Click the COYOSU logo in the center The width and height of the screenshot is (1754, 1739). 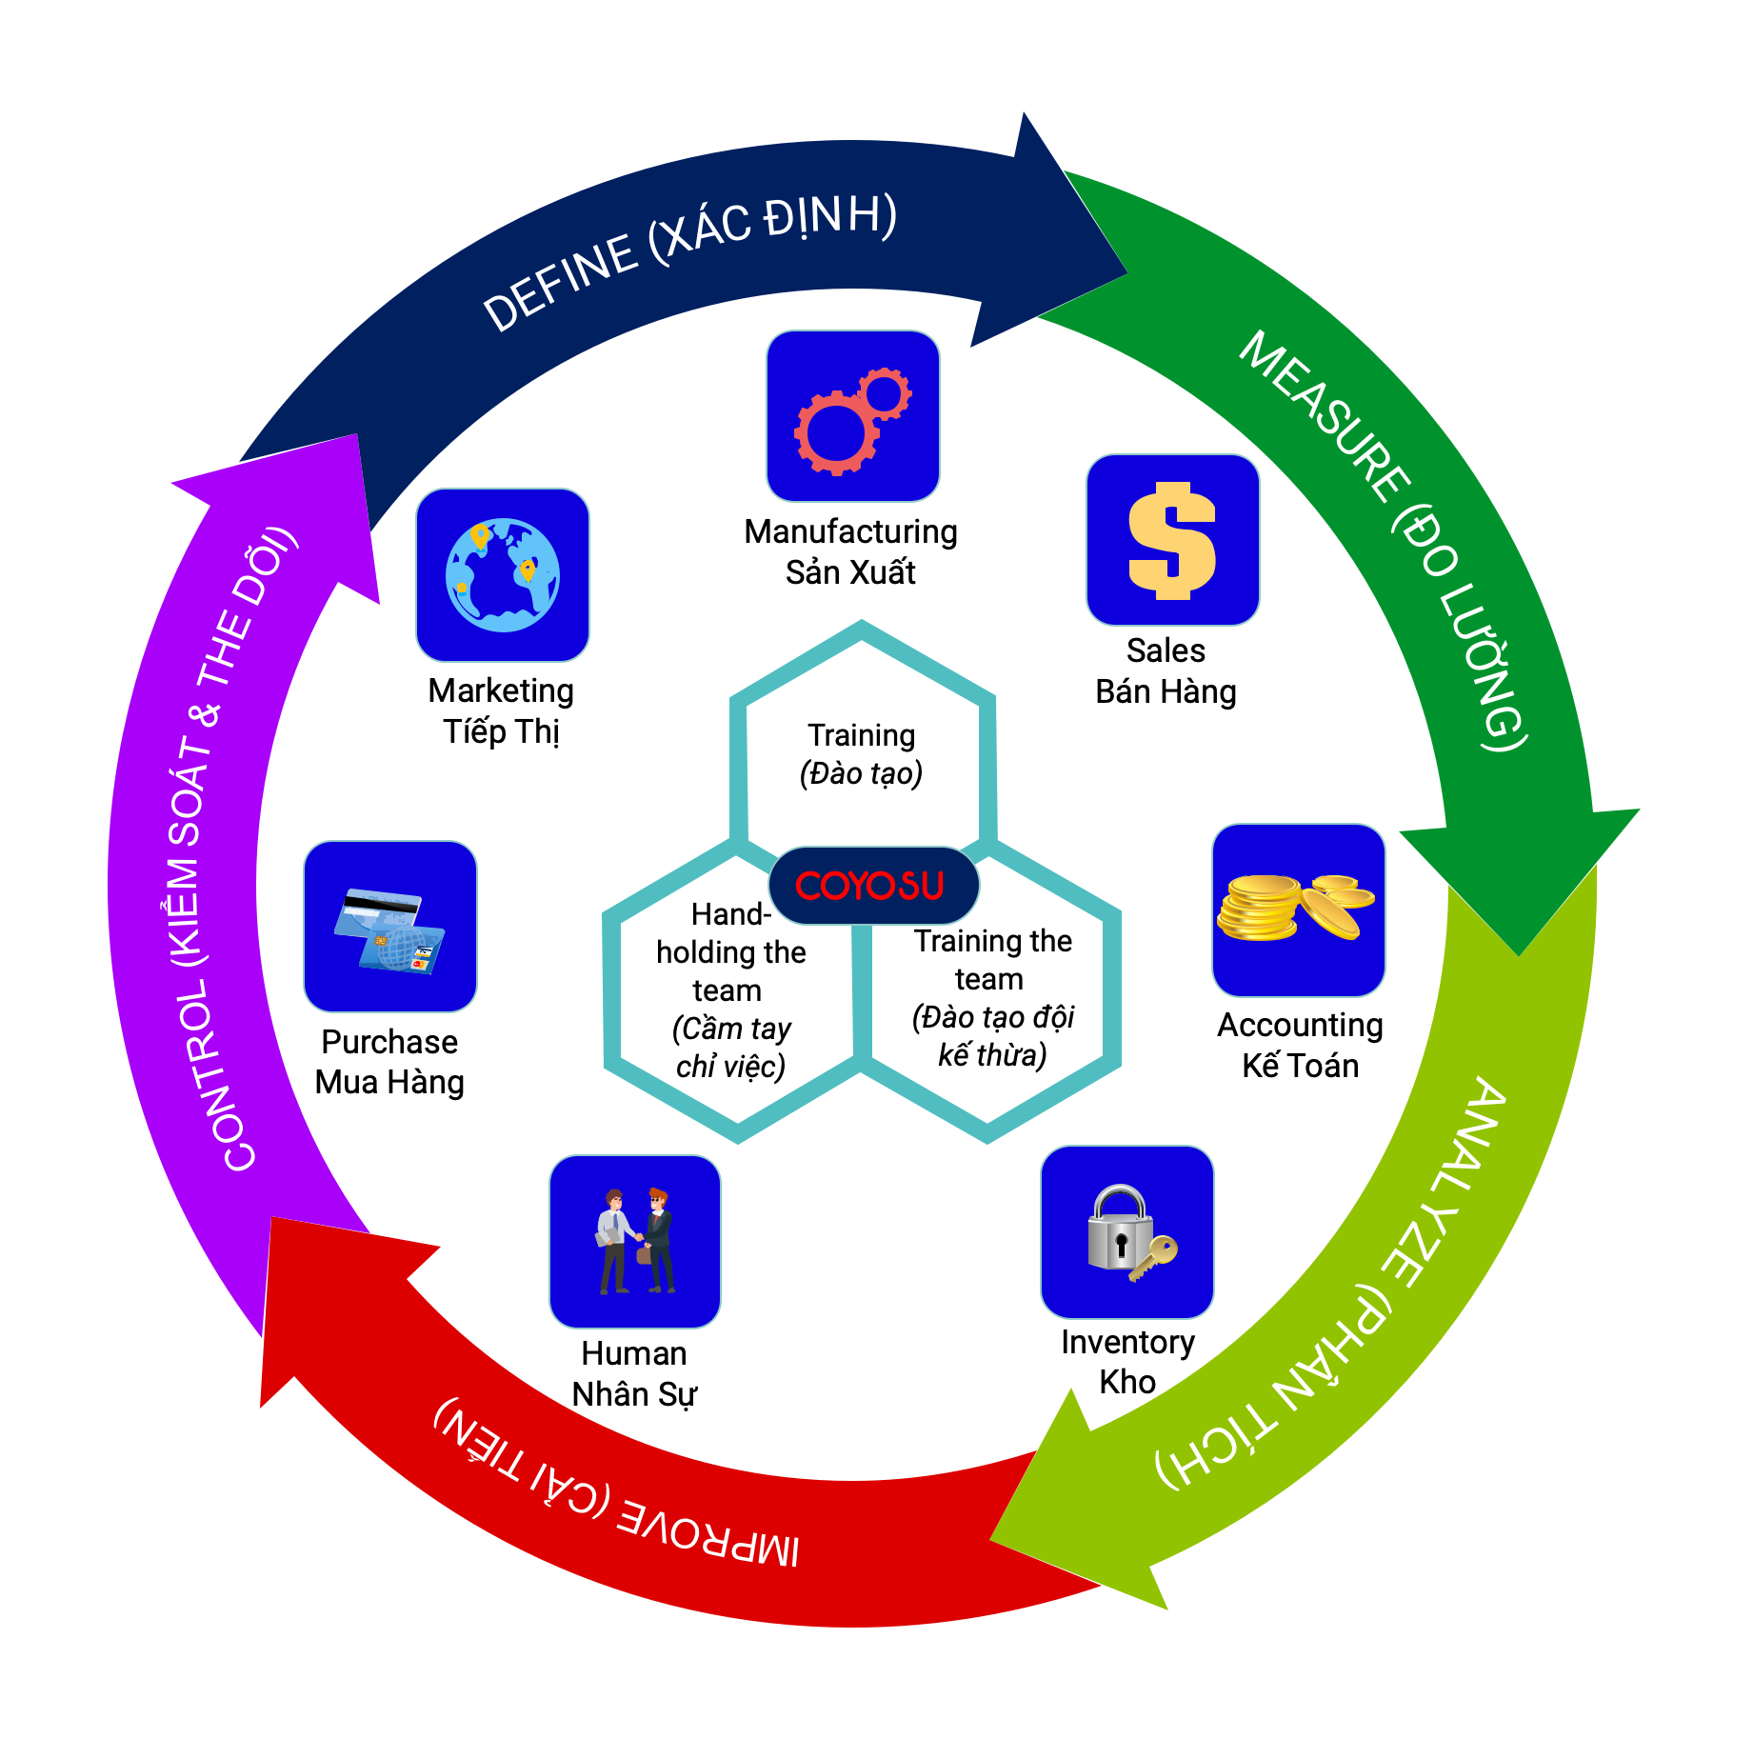[x=871, y=886]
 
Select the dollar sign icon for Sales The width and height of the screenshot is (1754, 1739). [x=1172, y=540]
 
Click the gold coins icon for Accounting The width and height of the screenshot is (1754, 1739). [x=1298, y=909]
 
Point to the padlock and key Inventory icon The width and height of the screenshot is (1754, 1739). [x=1127, y=1232]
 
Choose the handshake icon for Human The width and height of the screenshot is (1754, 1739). [x=635, y=1241]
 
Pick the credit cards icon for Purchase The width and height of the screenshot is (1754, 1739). [x=390, y=927]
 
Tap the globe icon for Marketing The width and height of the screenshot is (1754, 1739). [x=503, y=575]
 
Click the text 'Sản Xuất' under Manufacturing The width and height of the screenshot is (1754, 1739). [x=850, y=572]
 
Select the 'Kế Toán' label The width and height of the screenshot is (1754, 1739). [x=1300, y=1065]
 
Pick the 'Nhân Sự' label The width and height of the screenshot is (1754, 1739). [x=634, y=1394]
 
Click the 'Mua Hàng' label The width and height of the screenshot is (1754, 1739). [x=389, y=1082]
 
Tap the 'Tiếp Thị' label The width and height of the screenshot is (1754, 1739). [x=501, y=731]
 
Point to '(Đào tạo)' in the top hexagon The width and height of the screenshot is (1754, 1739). [x=861, y=773]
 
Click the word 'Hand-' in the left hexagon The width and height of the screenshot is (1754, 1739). [x=730, y=914]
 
